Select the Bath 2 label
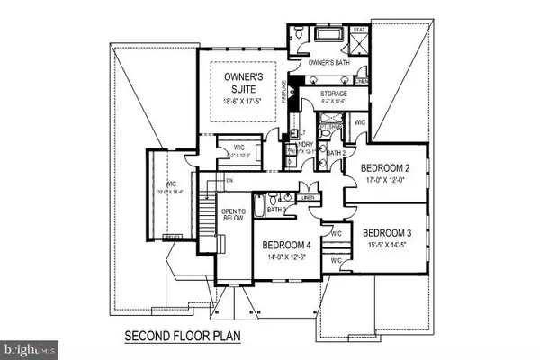click(x=336, y=154)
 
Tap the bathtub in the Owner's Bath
click(x=326, y=33)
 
